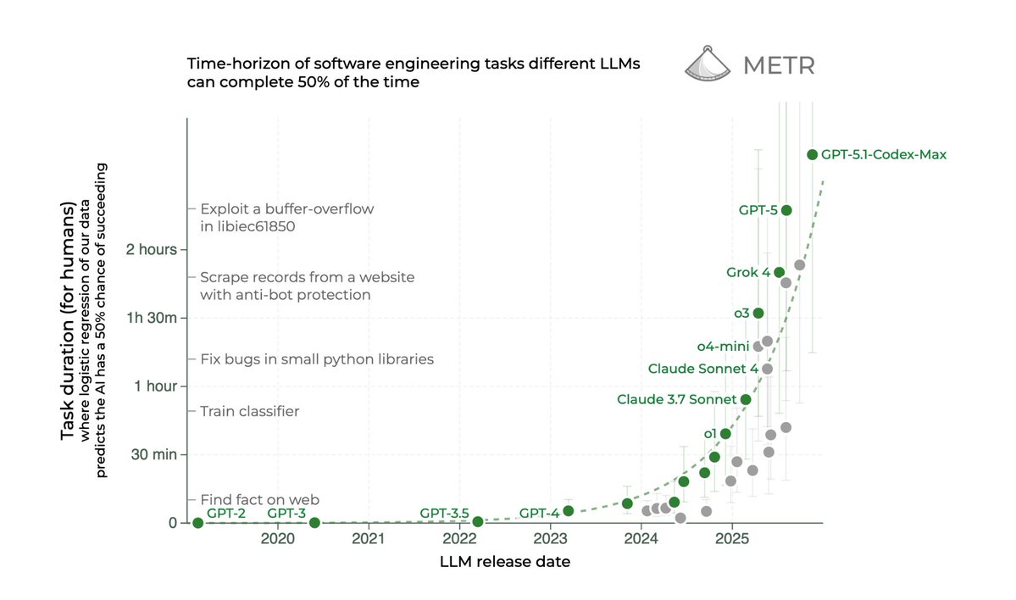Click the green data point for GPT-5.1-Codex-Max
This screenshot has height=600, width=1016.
click(812, 154)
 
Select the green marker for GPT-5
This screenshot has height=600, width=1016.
click(786, 210)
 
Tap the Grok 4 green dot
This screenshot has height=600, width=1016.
click(779, 272)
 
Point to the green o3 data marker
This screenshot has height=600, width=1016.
click(758, 313)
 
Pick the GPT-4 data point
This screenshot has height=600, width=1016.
click(568, 510)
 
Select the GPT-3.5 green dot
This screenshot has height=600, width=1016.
click(478, 521)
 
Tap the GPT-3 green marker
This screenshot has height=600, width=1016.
click(314, 522)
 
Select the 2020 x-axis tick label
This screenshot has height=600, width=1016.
click(278, 538)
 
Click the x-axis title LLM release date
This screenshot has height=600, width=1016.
click(504, 561)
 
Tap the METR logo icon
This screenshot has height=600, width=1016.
click(707, 64)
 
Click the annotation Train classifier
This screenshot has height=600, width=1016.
click(250, 412)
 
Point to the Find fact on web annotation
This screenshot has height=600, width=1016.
click(259, 499)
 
